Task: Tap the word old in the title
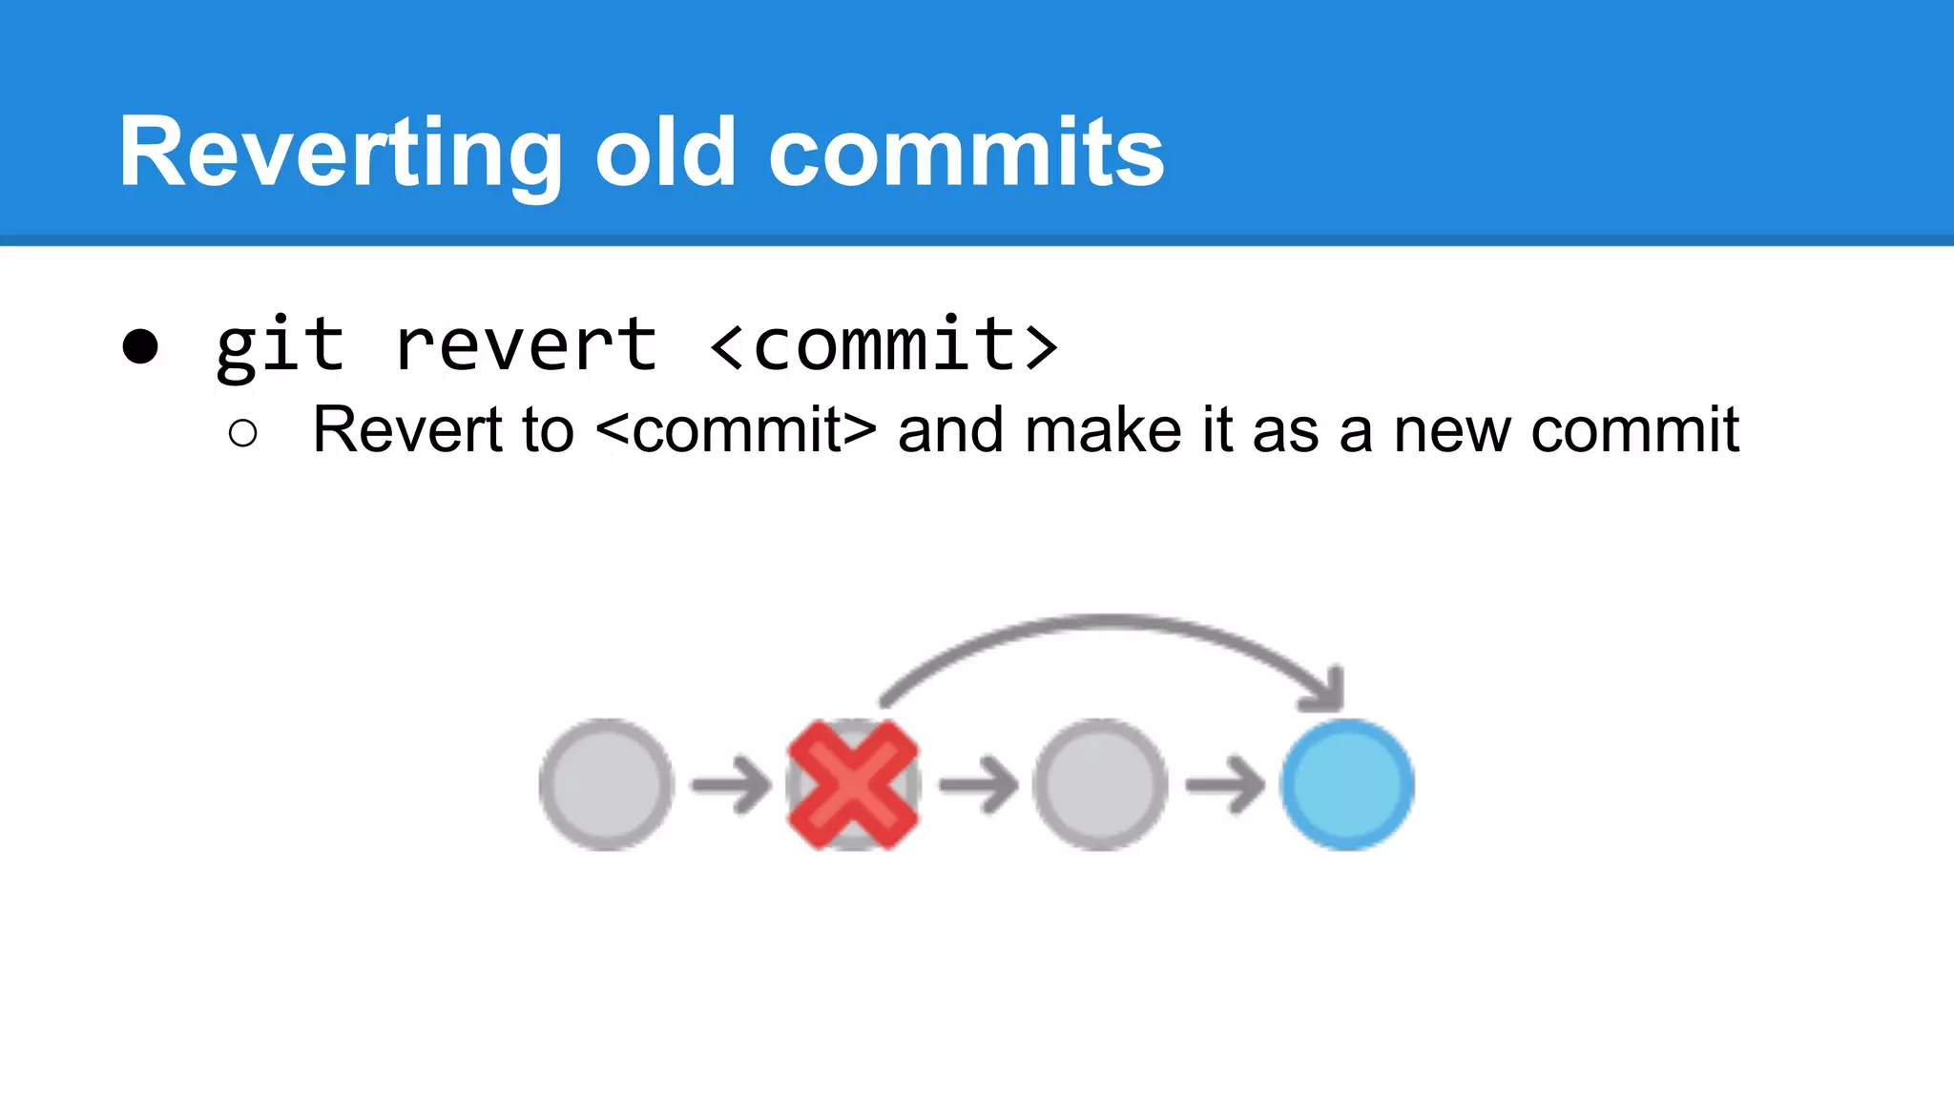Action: click(666, 153)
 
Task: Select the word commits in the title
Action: click(966, 153)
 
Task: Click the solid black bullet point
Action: click(140, 346)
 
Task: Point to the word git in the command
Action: click(280, 345)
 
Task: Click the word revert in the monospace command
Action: click(526, 345)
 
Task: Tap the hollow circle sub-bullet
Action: click(243, 433)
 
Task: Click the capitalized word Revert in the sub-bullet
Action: click(407, 430)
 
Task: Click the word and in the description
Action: click(950, 430)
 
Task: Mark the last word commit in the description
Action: click(1634, 430)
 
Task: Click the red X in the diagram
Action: click(853, 785)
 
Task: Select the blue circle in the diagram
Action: click(1347, 785)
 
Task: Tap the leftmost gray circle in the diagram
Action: click(606, 785)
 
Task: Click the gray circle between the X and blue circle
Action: click(1100, 785)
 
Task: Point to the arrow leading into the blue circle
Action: click(1224, 785)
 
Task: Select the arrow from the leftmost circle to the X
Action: click(731, 785)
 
